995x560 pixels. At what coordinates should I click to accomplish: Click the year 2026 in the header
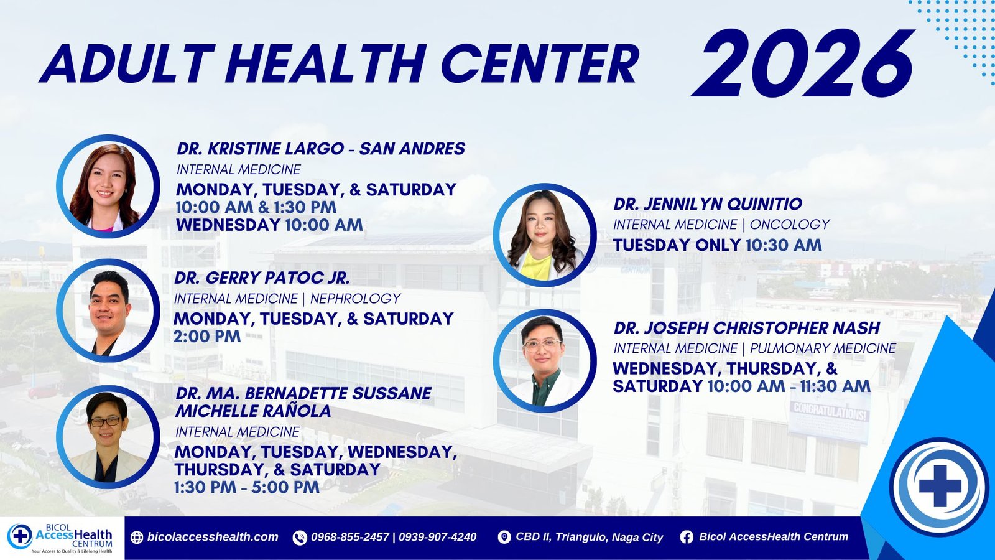(x=803, y=63)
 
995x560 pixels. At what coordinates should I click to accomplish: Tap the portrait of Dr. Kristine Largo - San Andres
(x=108, y=186)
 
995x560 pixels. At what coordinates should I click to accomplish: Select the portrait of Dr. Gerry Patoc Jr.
(x=108, y=310)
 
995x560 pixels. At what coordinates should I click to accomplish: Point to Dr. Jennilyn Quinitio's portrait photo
(x=545, y=235)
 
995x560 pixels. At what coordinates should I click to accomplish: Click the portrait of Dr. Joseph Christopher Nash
(x=545, y=360)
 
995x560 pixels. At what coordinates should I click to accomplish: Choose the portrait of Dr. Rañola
(x=108, y=437)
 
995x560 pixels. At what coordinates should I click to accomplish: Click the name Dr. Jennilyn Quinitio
(x=708, y=204)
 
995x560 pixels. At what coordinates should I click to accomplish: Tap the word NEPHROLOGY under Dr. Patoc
(x=355, y=299)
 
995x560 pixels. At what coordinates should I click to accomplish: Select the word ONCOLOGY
(x=789, y=225)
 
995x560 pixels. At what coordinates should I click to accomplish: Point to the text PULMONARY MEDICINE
(x=823, y=348)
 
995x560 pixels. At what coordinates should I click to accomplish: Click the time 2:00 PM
(x=207, y=337)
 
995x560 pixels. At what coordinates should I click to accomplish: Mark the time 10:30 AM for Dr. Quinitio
(x=783, y=245)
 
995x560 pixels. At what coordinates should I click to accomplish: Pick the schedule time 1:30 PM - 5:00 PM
(x=246, y=487)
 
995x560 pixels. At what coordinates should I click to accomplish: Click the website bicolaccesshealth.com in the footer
(x=213, y=537)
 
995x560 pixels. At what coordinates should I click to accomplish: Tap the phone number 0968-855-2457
(x=350, y=537)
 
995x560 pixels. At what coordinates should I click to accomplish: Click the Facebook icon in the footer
(x=687, y=538)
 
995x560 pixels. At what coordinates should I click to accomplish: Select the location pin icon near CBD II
(x=504, y=538)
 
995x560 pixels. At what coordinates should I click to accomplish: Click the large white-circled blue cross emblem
(x=940, y=486)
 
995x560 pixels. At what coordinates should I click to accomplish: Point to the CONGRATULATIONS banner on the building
(x=830, y=412)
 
